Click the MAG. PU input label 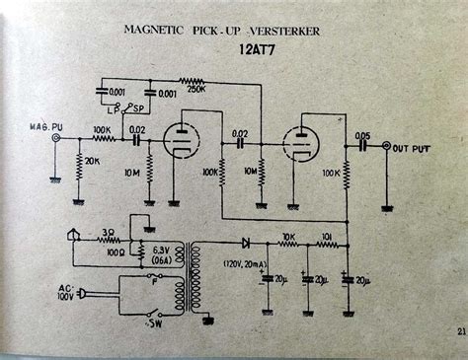[x=48, y=126]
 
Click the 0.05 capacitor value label [x=364, y=134]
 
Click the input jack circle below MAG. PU [x=55, y=139]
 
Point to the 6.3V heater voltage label [x=160, y=250]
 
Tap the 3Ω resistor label [x=108, y=232]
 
